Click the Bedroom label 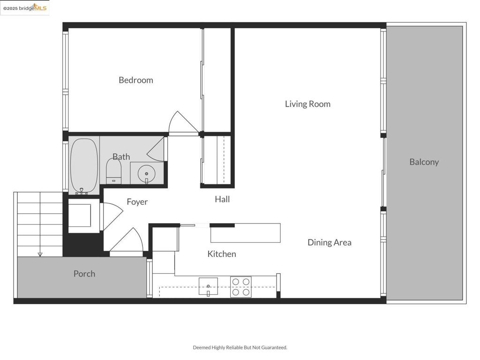click(x=136, y=80)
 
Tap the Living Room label click(x=307, y=104)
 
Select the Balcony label click(x=424, y=162)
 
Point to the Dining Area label click(x=330, y=242)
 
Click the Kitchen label click(x=222, y=254)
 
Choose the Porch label click(x=84, y=274)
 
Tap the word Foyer click(x=137, y=202)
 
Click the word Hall click(x=222, y=199)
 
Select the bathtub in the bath click(x=84, y=166)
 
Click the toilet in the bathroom click(x=113, y=171)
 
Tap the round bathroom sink click(x=146, y=174)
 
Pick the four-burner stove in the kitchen click(x=241, y=287)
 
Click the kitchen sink click(x=208, y=286)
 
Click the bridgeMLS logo click(x=25, y=7)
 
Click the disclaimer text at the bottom click(x=240, y=347)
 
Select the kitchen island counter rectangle click(x=246, y=233)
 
